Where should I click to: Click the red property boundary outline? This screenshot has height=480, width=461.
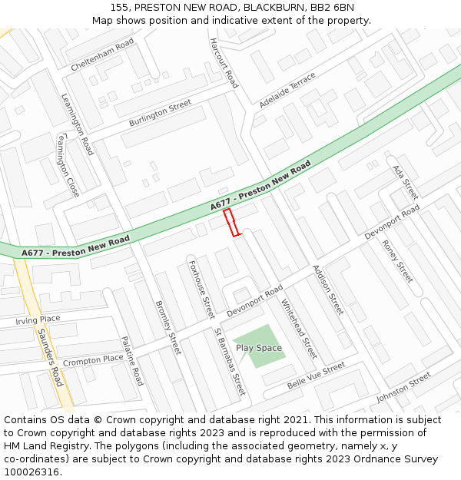(231, 223)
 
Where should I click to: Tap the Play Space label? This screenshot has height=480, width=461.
(259, 348)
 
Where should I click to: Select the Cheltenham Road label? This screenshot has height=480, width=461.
(102, 55)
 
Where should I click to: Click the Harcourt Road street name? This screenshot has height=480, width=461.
(224, 64)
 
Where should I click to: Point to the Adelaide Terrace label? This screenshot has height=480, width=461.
(287, 90)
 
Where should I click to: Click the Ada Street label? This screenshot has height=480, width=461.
(405, 182)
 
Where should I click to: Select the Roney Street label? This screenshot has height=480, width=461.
(397, 261)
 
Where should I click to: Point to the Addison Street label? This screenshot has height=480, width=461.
(327, 290)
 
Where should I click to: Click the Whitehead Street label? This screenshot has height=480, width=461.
(298, 329)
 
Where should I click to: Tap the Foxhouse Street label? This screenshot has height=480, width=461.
(201, 290)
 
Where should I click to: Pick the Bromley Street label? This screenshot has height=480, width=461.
(167, 326)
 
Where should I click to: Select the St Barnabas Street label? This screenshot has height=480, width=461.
(230, 362)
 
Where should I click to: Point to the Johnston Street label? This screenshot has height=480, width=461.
(404, 387)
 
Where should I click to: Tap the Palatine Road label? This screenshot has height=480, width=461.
(131, 360)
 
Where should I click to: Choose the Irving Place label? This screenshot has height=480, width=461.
(38, 319)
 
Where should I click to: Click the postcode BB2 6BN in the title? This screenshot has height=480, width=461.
(332, 7)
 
